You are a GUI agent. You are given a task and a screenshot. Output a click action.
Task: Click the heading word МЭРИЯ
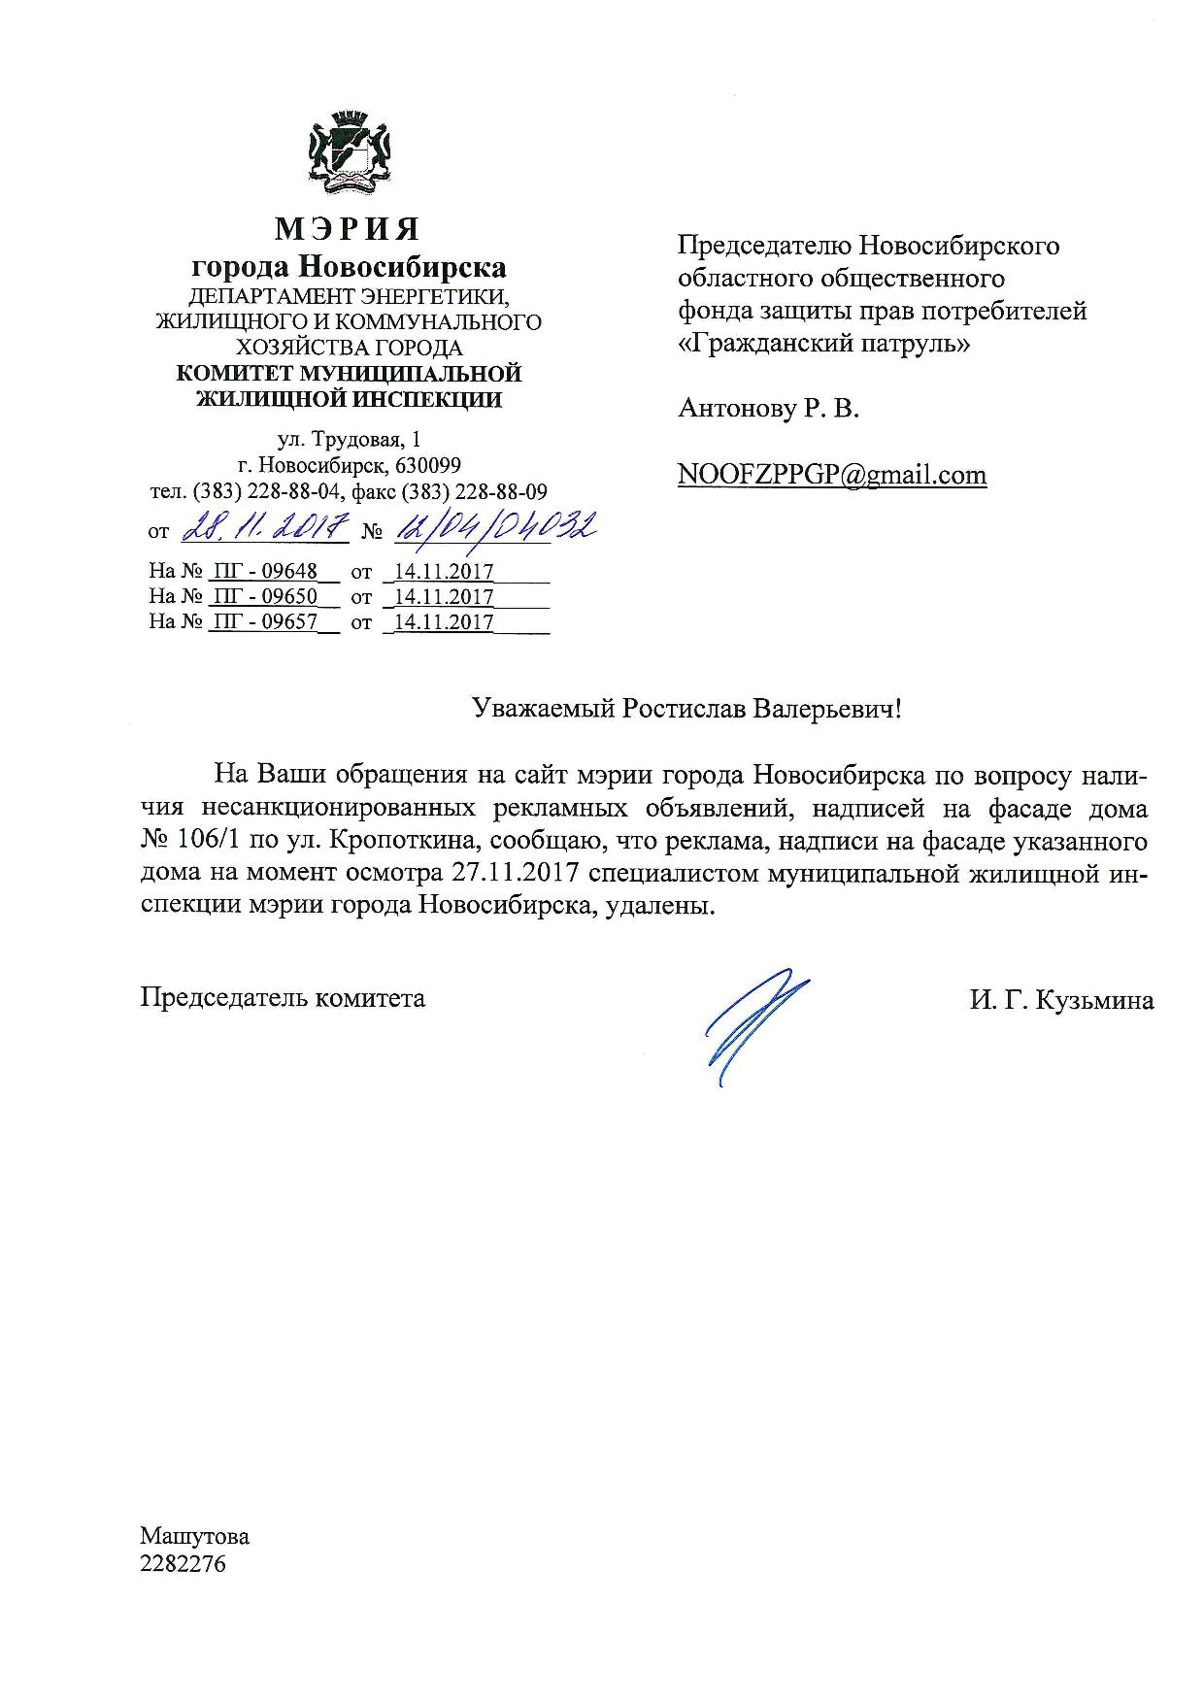349,229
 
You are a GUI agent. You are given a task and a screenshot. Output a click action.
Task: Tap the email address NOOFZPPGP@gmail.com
832,475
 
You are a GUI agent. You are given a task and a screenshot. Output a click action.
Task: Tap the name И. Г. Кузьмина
1061,1000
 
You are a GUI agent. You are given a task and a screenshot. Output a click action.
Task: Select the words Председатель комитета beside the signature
283,997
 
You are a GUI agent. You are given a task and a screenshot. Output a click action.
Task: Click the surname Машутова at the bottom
195,1537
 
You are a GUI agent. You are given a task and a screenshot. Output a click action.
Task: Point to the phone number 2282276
183,1564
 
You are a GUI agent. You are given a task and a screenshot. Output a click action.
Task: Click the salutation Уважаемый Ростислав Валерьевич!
687,709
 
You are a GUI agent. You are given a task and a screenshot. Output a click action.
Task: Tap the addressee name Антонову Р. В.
769,409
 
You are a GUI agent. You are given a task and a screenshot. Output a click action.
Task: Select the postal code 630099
428,465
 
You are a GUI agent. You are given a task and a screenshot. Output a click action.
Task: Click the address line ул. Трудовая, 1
349,440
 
